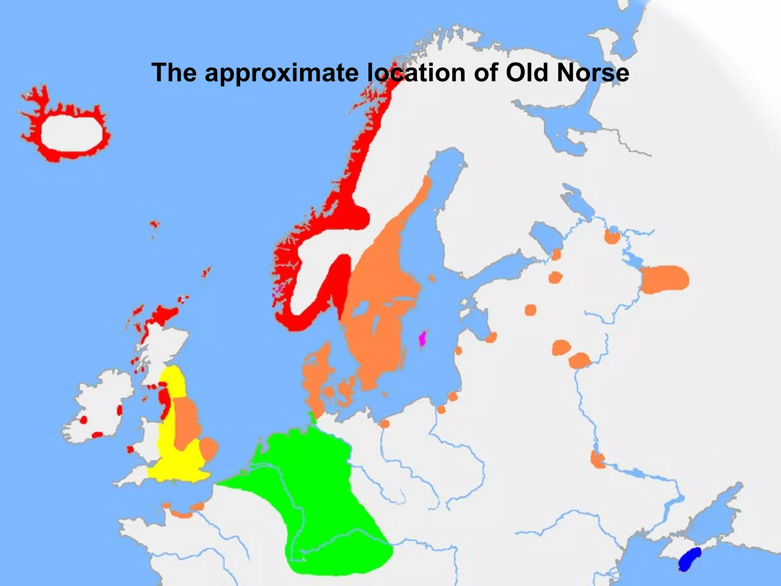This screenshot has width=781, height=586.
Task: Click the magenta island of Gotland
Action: (x=422, y=338)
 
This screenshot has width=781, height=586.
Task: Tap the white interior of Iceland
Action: (x=72, y=134)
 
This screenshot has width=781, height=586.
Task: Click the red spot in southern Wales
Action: (x=130, y=449)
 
